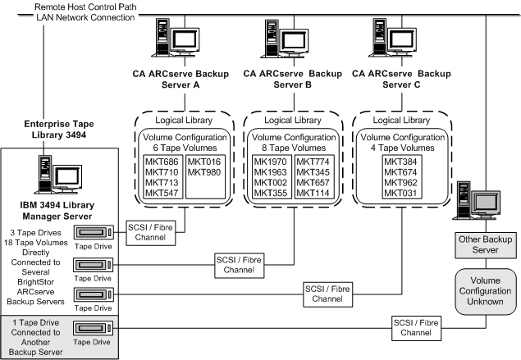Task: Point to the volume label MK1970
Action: [272, 162]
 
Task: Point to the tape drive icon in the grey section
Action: [92, 329]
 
